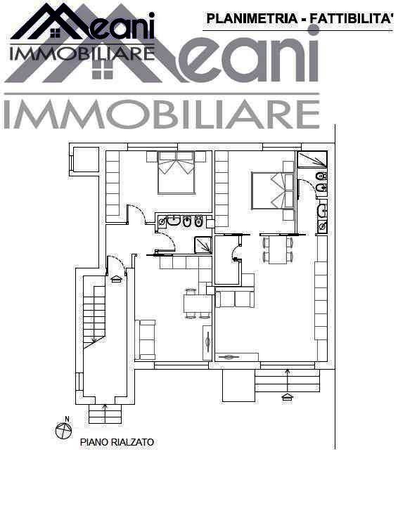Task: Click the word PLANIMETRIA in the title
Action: [252, 19]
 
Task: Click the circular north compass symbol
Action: [63, 431]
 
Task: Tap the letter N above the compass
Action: [68, 419]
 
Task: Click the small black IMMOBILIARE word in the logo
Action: [82, 54]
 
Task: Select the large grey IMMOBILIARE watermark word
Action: [162, 115]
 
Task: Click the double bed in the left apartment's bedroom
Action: [176, 173]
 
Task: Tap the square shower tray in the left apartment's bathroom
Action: [203, 245]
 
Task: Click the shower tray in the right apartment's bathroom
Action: [312, 159]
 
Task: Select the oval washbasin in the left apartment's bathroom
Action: [174, 221]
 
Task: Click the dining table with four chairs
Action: [278, 249]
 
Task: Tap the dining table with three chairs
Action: [198, 304]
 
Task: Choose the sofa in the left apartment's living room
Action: [146, 339]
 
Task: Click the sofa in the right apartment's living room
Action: [235, 299]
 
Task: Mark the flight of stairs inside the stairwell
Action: [94, 312]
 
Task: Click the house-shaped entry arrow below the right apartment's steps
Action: [288, 396]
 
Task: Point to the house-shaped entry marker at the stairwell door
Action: [116, 279]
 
